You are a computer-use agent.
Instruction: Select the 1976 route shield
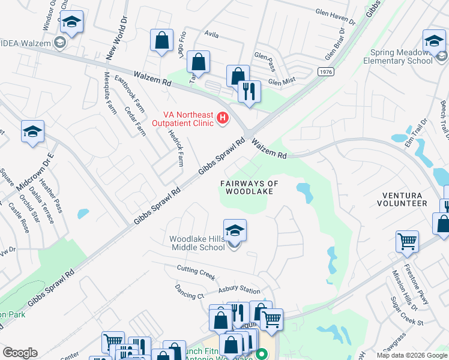[x=326, y=72]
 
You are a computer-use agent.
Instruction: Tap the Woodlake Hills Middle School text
[x=197, y=243]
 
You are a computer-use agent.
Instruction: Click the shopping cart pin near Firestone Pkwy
[x=407, y=241]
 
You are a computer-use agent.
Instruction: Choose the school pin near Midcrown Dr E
[x=32, y=132]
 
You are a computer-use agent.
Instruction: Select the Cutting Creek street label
[x=196, y=272]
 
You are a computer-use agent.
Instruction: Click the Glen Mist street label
[x=283, y=83]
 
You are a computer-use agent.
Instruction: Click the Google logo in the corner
[x=20, y=353]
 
